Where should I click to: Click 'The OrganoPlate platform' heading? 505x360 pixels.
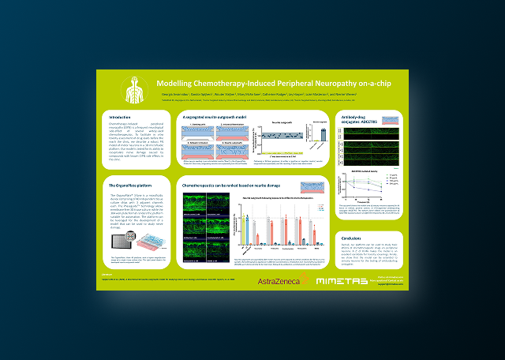click(x=129, y=183)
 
